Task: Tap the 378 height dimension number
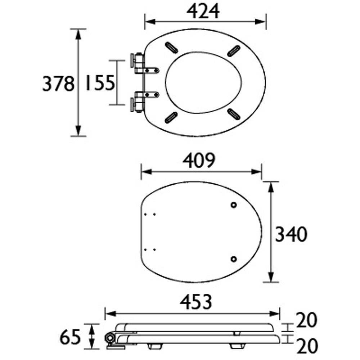click(x=59, y=84)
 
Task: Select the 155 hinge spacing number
click(x=100, y=83)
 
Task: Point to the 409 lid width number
click(x=199, y=161)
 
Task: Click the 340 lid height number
click(x=291, y=234)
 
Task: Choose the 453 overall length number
click(x=196, y=302)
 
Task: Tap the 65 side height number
click(x=70, y=337)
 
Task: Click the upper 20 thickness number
click(x=307, y=320)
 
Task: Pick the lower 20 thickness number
click(x=307, y=346)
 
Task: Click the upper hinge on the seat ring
click(x=144, y=64)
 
